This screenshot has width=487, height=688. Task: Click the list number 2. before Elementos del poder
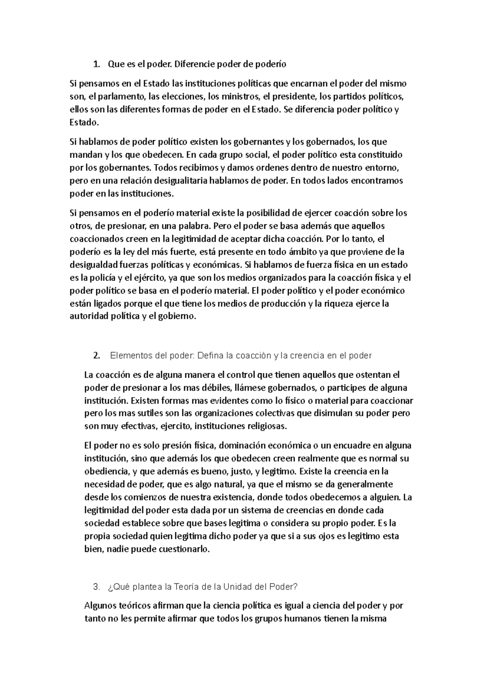click(97, 356)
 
